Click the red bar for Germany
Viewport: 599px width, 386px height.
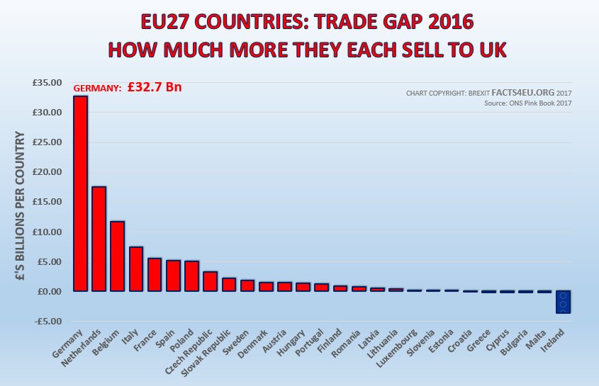(81, 193)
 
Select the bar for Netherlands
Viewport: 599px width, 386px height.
(99, 239)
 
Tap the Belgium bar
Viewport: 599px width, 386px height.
(118, 256)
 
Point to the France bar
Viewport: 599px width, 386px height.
(155, 275)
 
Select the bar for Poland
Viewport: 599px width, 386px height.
(191, 276)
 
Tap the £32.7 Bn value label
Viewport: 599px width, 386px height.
(155, 88)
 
